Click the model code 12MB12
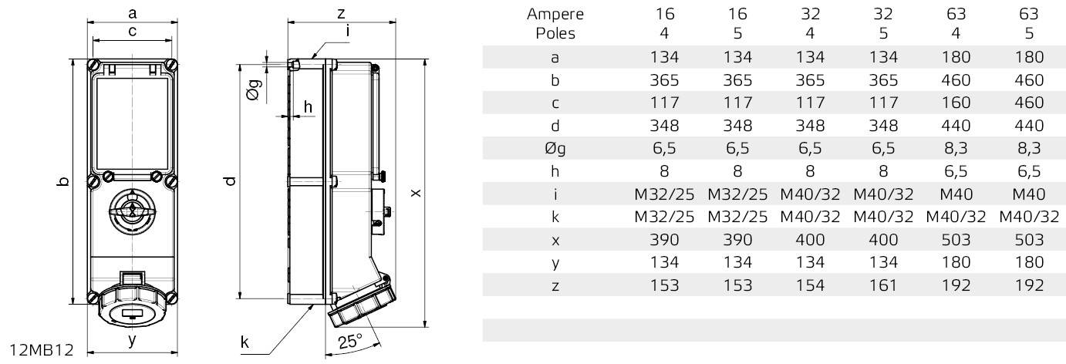(42, 349)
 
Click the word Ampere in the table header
(555, 14)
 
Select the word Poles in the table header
(555, 34)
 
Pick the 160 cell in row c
(956, 103)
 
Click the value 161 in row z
(883, 285)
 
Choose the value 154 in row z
(810, 285)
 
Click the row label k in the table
(555, 217)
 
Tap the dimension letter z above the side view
(340, 12)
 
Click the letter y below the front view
(132, 339)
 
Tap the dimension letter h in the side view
(308, 106)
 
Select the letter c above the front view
(133, 31)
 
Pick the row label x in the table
(555, 240)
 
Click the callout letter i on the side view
(349, 32)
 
